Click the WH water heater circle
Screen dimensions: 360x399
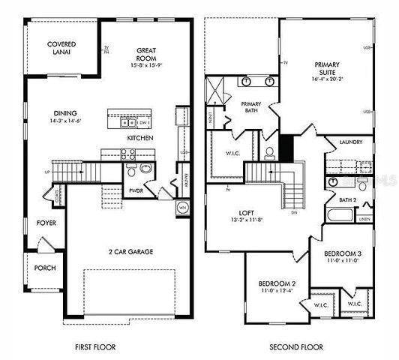(x=182, y=207)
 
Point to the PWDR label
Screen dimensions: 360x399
(x=136, y=190)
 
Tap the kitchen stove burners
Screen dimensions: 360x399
(x=127, y=155)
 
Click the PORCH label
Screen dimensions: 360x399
(x=45, y=268)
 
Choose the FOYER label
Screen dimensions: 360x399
(x=46, y=223)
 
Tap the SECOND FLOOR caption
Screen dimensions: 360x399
(x=296, y=347)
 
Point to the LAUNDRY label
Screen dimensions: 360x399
(x=351, y=142)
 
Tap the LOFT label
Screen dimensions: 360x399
(x=248, y=213)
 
